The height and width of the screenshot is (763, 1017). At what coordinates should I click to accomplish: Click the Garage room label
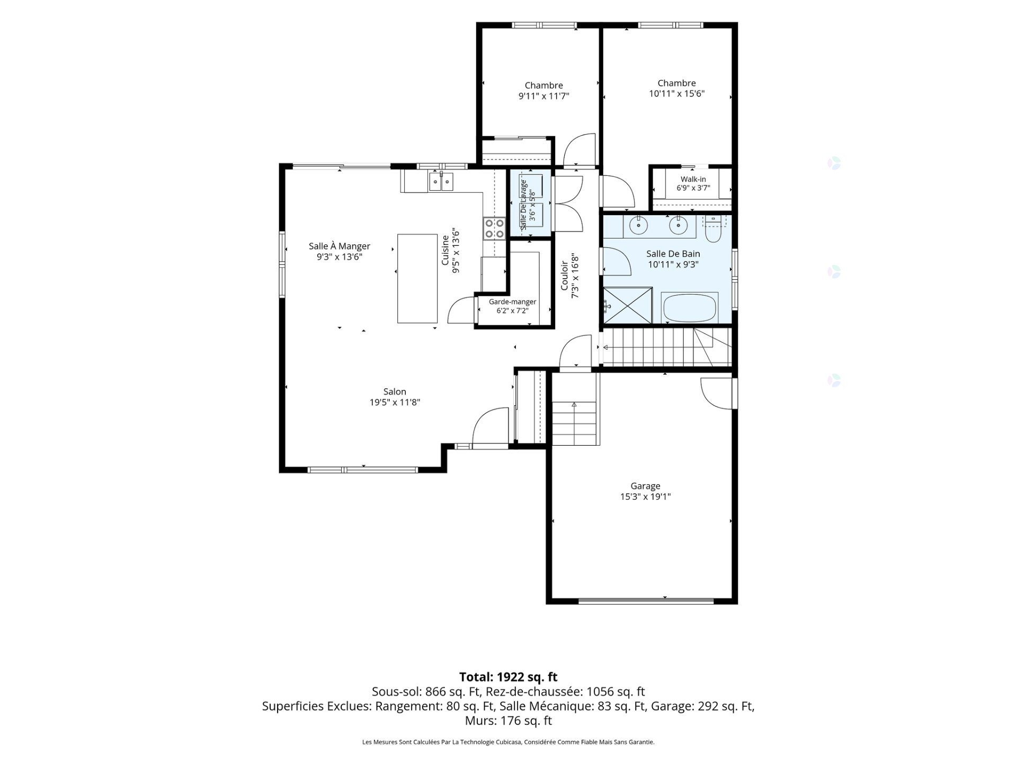tap(645, 486)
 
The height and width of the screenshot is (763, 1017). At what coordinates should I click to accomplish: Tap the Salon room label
tap(395, 392)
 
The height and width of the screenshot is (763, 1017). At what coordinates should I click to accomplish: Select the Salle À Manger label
tap(340, 246)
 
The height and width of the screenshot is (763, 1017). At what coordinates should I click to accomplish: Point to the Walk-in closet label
tap(693, 179)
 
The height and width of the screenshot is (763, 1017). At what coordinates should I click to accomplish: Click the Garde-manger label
tap(512, 302)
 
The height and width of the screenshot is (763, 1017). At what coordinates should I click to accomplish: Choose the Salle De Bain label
tap(673, 254)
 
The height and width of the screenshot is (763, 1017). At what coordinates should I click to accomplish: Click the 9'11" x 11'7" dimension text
tap(543, 96)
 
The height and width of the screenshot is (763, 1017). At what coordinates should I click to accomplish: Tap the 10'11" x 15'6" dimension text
tap(677, 94)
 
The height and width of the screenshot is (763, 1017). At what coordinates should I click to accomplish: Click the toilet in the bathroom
tap(713, 228)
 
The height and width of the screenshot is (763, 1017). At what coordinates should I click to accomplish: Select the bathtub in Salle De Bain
tap(690, 308)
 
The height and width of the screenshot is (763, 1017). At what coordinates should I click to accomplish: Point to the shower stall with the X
tap(628, 305)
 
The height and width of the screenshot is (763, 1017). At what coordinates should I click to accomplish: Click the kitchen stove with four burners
tap(494, 228)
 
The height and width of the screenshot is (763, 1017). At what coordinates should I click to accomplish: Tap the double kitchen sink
tap(441, 182)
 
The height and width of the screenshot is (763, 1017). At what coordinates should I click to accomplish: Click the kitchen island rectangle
tap(417, 278)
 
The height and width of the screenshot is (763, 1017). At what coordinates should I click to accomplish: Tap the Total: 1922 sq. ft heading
tap(508, 677)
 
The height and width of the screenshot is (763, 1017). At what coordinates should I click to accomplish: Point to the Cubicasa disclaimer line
tap(508, 742)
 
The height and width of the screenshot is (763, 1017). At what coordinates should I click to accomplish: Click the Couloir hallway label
tap(565, 275)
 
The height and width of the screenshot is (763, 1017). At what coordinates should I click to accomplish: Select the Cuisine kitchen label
tap(445, 250)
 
